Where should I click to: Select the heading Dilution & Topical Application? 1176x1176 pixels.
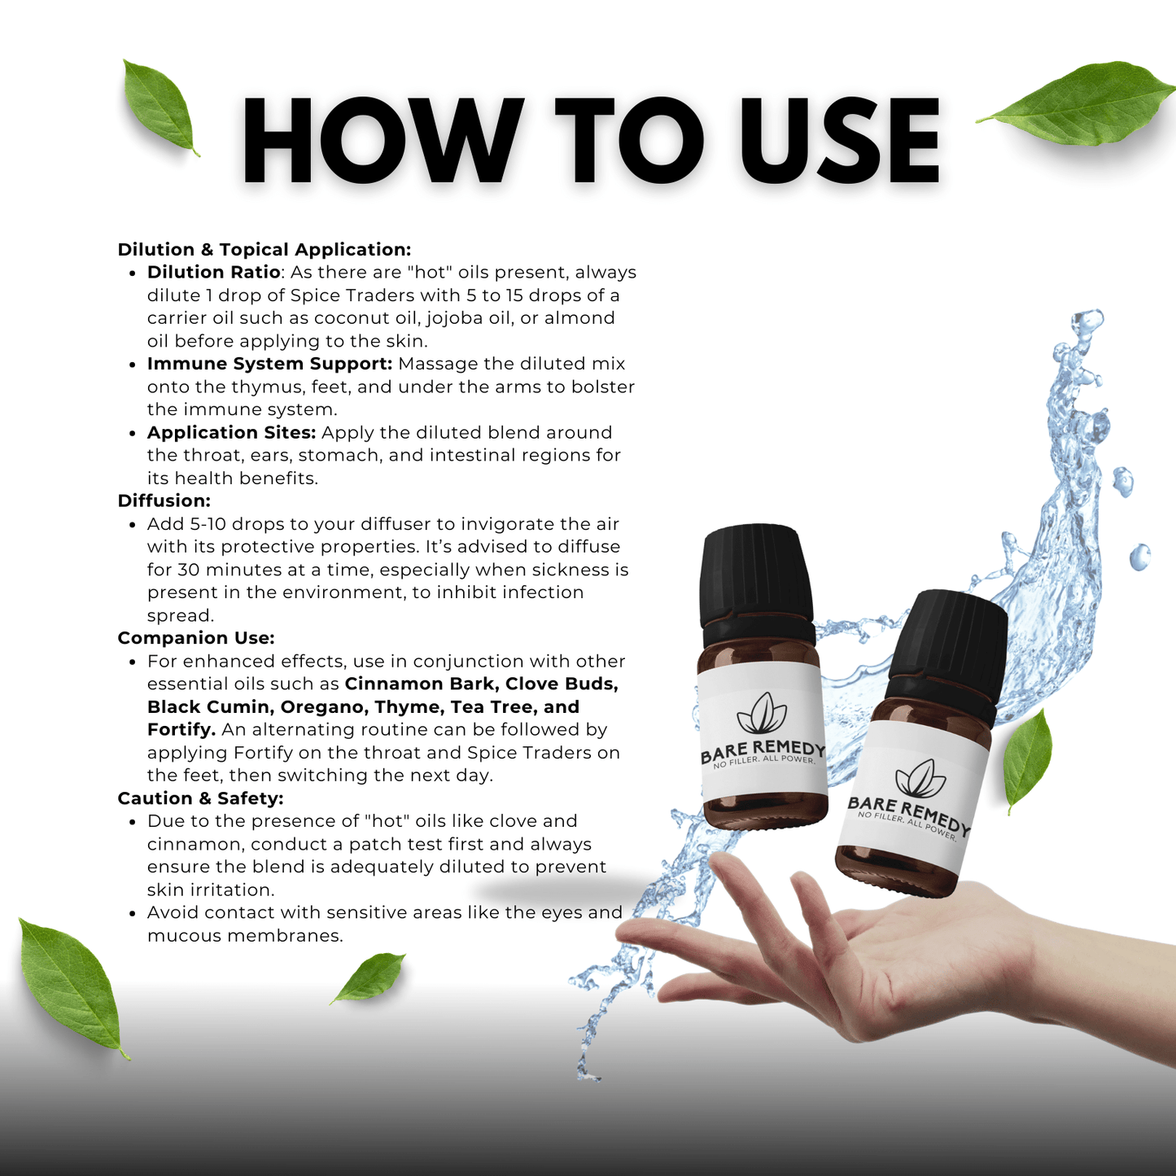click(x=264, y=250)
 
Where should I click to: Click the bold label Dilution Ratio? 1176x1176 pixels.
click(x=213, y=272)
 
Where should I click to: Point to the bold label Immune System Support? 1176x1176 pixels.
click(x=269, y=364)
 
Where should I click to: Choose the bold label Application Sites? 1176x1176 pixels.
click(x=231, y=433)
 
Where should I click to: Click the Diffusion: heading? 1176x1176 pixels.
click(x=164, y=501)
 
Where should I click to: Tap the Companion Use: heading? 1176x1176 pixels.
click(x=196, y=638)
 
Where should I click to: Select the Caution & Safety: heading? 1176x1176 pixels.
click(x=201, y=798)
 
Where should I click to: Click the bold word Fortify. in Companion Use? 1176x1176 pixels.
click(x=181, y=730)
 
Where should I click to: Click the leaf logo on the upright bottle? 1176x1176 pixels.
click(x=762, y=714)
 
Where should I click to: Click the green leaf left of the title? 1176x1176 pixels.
click(x=160, y=107)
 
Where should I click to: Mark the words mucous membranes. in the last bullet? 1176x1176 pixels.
click(x=245, y=936)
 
